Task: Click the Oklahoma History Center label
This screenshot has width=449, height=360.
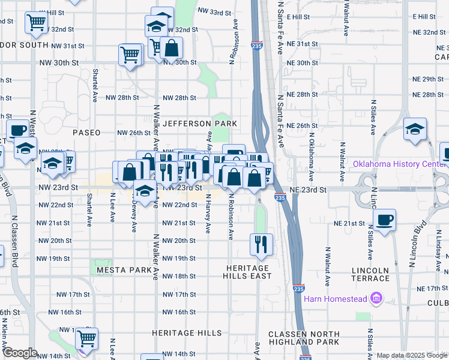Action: coord(400,164)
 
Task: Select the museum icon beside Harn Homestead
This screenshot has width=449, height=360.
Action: coord(376,298)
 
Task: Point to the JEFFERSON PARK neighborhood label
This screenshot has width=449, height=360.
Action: coord(200,124)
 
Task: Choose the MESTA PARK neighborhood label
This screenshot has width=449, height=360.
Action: coord(124,270)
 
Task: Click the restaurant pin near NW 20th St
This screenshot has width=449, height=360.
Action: coord(261,243)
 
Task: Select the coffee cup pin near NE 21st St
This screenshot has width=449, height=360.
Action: coord(384,218)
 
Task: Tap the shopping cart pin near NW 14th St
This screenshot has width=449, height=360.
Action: coord(87,338)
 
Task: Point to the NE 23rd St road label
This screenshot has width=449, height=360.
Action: coord(307,190)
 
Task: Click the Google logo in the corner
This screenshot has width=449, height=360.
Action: coord(20,353)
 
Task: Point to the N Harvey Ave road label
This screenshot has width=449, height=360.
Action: coord(208,213)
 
